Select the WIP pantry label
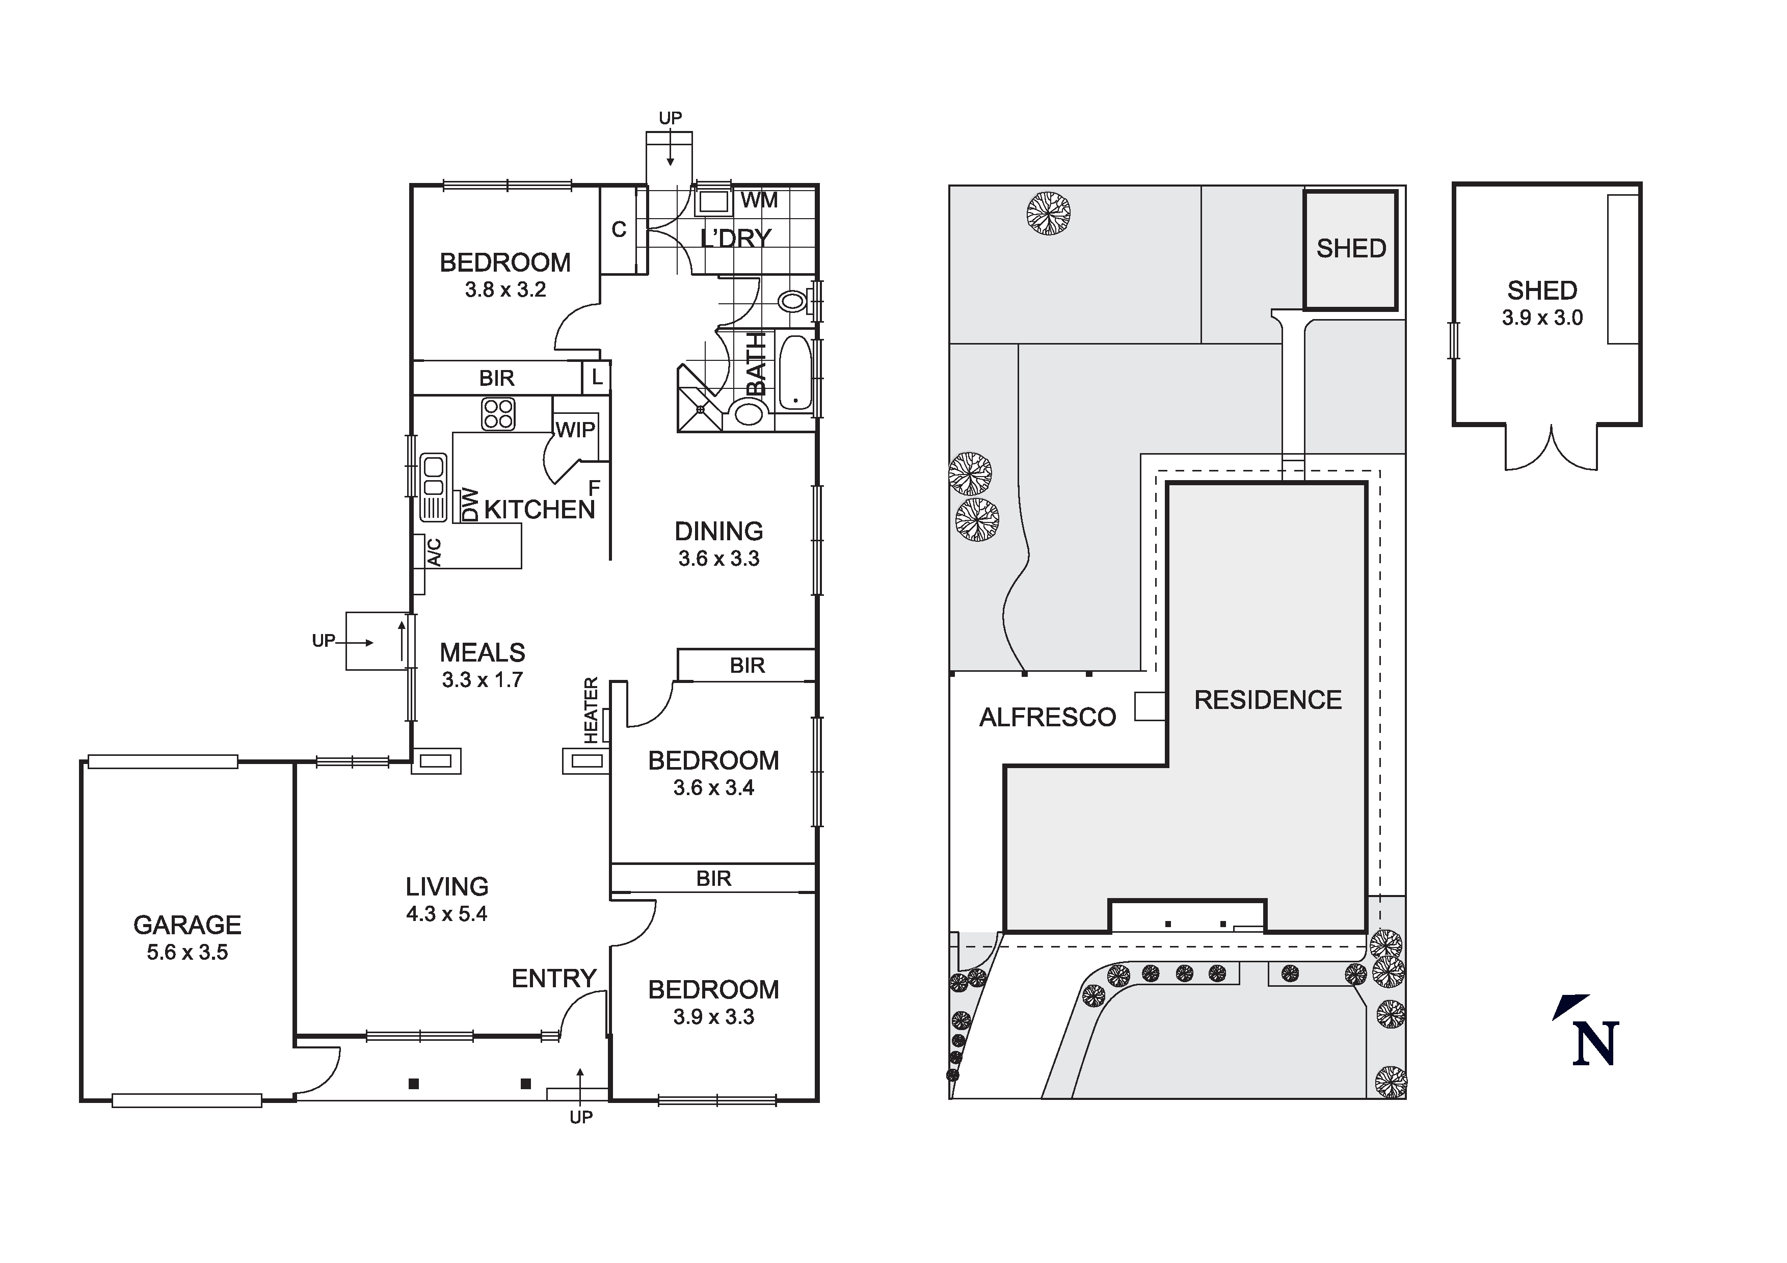[x=575, y=429]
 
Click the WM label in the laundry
[x=759, y=201]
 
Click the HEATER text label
[x=591, y=710]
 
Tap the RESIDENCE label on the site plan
[x=1268, y=700]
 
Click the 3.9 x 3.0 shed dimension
[x=1542, y=318]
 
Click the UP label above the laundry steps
[x=670, y=118]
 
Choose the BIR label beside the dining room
[x=747, y=665]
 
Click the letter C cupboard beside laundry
[x=619, y=230]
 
